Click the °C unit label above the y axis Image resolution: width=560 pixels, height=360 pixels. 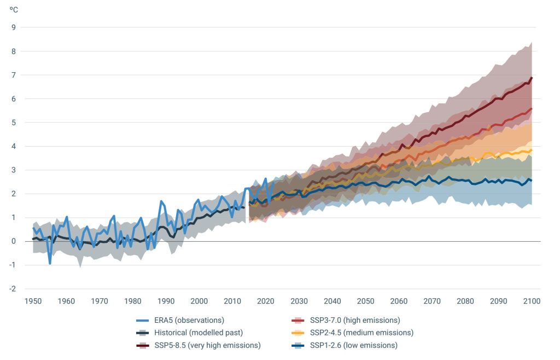(x=13, y=9)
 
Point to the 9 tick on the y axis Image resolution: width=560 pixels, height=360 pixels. (x=14, y=27)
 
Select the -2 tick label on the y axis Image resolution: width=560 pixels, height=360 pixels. (x=13, y=289)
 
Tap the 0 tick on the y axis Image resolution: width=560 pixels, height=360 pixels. (x=14, y=241)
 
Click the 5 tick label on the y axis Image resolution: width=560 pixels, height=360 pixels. (x=14, y=123)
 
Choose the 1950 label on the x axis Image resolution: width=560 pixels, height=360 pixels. (x=33, y=301)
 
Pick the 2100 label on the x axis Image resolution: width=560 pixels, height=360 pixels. (x=532, y=301)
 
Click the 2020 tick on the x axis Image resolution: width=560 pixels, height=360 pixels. (x=266, y=301)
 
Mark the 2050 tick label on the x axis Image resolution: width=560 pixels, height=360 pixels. (x=366, y=301)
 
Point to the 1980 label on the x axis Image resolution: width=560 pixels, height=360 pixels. (x=132, y=301)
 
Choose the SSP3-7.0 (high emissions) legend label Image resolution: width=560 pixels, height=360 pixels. (x=355, y=320)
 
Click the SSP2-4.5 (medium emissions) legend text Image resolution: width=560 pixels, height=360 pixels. (x=361, y=333)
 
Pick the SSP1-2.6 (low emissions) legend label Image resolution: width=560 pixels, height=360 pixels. (x=354, y=345)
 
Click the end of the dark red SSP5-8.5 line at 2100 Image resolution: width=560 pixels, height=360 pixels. (x=532, y=78)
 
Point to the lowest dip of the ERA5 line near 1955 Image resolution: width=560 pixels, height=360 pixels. (x=50, y=264)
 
